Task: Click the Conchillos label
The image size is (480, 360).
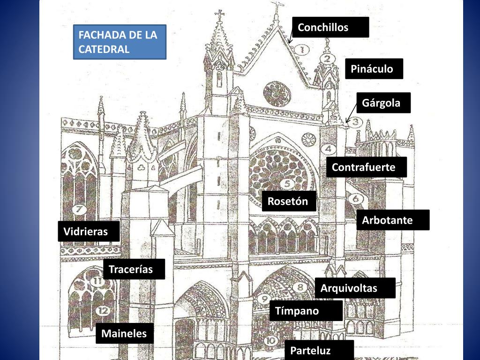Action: tap(330, 27)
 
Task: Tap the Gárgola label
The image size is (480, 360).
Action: tap(383, 103)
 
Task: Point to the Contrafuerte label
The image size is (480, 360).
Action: tap(366, 167)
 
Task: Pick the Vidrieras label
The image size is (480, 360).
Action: tap(88, 232)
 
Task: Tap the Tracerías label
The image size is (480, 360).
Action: tap(134, 270)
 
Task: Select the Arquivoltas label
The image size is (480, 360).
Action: tap(355, 288)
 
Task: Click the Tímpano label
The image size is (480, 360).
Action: tap(306, 311)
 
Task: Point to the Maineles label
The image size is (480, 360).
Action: tap(125, 334)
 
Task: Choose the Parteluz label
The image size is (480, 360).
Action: tap(319, 350)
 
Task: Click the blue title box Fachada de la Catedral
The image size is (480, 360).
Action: tap(120, 42)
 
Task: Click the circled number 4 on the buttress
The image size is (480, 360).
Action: tap(328, 150)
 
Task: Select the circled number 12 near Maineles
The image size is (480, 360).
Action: tap(104, 310)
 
